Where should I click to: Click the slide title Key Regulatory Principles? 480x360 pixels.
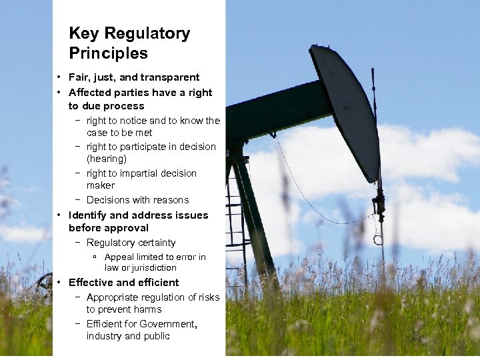pos(129,43)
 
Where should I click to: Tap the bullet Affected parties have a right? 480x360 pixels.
pos(140,93)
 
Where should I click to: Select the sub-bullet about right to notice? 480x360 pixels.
pos(153,121)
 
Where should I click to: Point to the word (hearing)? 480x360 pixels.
pos(106,159)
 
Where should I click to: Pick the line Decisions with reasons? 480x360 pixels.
pos(137,200)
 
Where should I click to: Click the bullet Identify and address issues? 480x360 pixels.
pos(138,215)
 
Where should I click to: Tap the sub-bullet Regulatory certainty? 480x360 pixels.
pos(131,243)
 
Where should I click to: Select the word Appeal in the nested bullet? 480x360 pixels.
pos(119,257)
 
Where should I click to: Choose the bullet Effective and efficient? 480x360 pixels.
pos(123,283)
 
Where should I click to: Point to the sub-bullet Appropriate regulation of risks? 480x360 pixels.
pos(153,297)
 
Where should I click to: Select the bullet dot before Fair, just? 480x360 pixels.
pos(59,78)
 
